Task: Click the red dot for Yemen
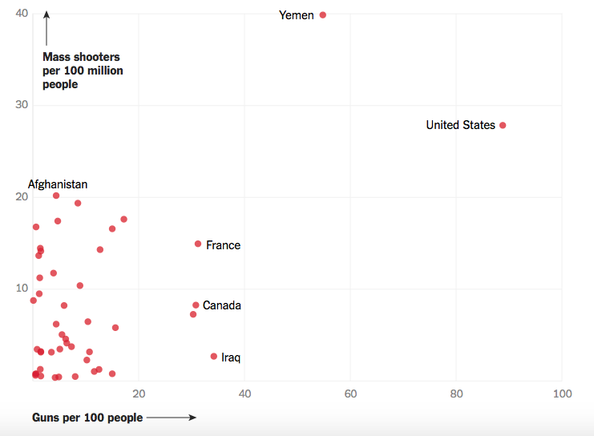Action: tap(323, 14)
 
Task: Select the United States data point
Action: tap(503, 125)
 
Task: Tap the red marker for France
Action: tap(198, 244)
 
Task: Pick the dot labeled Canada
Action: tap(196, 305)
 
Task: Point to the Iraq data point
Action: tap(214, 356)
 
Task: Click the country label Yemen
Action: tap(297, 15)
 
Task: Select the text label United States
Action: tap(460, 125)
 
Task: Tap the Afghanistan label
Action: tap(58, 184)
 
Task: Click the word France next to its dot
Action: tap(223, 245)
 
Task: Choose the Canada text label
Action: tap(222, 305)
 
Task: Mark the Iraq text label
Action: tap(231, 357)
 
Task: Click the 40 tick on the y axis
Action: tap(22, 14)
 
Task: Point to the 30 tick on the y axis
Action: tap(22, 105)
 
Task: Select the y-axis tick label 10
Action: tap(22, 289)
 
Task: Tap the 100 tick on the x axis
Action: tap(562, 394)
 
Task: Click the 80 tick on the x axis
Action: tap(456, 394)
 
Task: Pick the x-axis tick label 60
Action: tap(350, 394)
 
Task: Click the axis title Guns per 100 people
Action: tap(87, 418)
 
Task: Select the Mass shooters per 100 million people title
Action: tap(83, 71)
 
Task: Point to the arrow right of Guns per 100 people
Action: tap(172, 418)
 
